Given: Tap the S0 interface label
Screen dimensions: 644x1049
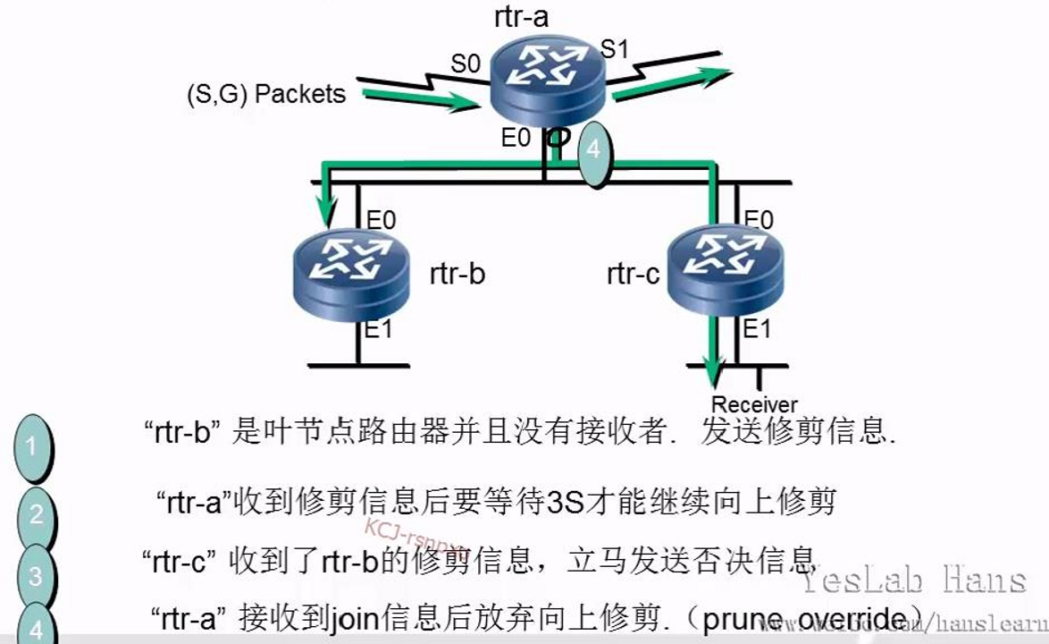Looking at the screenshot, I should pos(465,64).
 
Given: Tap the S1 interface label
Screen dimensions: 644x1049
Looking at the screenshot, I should pos(614,48).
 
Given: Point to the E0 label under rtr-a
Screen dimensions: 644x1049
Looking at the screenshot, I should pos(516,139).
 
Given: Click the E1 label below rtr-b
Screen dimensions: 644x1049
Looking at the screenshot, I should pos(378,329).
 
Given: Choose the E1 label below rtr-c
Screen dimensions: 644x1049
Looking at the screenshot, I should pos(757,329).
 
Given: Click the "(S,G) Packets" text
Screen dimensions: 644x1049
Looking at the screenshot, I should pos(266,94).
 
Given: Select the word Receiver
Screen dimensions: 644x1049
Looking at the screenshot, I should pos(754,404).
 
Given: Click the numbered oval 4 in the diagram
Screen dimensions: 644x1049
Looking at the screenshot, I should pos(592,152).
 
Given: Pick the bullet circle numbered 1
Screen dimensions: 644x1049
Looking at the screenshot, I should pos(32,446).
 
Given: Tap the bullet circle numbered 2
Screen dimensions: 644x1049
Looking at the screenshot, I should pos(37,514).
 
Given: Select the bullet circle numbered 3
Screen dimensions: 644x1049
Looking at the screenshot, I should pos(36,575).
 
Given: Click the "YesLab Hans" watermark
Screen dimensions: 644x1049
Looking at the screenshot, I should pos(911,580).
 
